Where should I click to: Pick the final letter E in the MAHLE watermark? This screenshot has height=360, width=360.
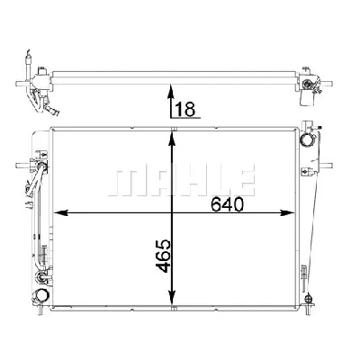pos(245,177)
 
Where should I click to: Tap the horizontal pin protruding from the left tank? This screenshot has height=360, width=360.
pos(20,165)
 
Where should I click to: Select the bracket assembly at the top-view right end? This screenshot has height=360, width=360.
pos(311,82)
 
